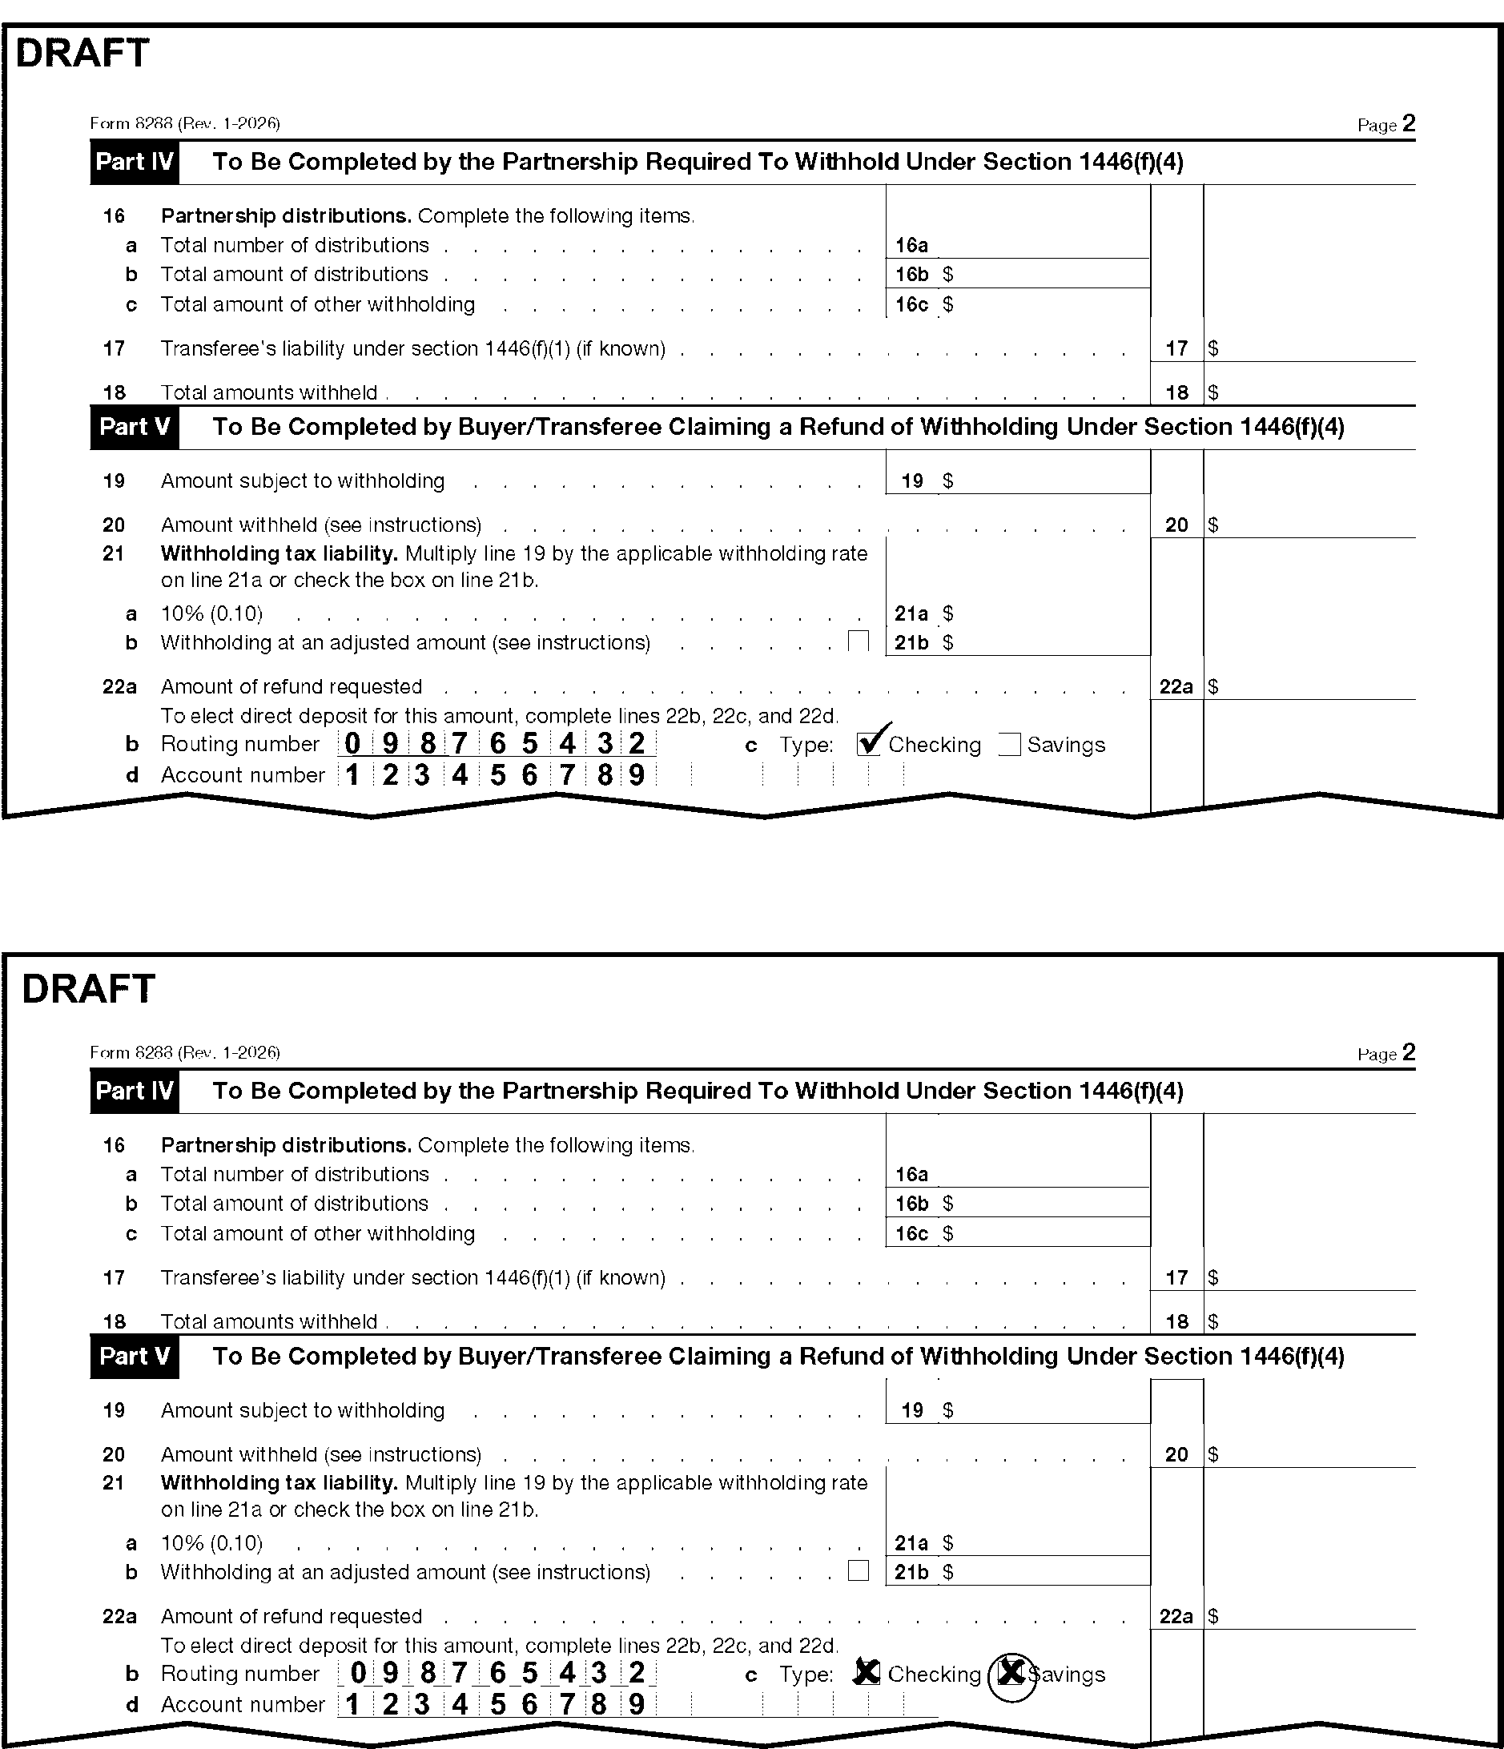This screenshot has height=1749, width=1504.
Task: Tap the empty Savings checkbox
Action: (x=1008, y=745)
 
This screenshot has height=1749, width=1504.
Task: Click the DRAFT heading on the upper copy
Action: (x=82, y=53)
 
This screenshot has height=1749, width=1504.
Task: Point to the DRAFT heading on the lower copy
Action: (x=89, y=988)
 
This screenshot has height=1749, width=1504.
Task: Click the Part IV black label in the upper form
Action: (x=135, y=162)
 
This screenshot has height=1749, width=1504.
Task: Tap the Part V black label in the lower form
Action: (x=135, y=1356)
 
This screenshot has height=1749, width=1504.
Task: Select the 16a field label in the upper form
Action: (x=911, y=246)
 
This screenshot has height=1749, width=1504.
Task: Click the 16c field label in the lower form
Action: (x=911, y=1233)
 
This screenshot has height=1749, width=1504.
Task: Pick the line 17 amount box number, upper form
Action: (x=1176, y=348)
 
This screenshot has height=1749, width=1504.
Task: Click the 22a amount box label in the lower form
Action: (x=1176, y=1615)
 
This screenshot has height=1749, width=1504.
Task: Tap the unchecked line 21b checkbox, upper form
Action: (x=859, y=641)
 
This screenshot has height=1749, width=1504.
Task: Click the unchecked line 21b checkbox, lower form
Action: (x=859, y=1570)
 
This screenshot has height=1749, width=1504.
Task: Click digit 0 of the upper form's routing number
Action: (x=353, y=744)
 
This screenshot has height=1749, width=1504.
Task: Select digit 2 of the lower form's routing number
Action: (x=637, y=1672)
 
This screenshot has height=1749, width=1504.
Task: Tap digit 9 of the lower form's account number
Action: (x=637, y=1703)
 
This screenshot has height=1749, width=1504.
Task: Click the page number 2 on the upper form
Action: (x=1408, y=124)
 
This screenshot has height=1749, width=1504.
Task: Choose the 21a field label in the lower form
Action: (x=911, y=1543)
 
